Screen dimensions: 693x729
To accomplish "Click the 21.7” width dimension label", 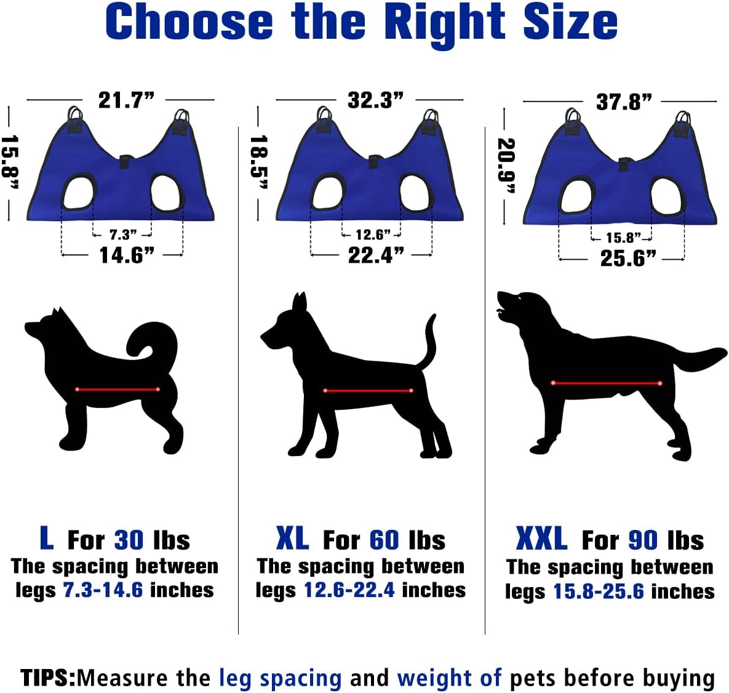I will (x=126, y=100).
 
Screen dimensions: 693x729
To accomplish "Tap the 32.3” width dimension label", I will (x=375, y=100).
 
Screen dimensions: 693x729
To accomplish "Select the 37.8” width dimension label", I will (x=623, y=102).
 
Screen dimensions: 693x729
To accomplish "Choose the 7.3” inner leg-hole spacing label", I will (x=123, y=234).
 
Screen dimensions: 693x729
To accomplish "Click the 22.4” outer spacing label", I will (x=376, y=254).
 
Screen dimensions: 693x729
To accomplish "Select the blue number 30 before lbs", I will (x=129, y=540).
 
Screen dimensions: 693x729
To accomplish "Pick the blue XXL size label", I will (x=541, y=539).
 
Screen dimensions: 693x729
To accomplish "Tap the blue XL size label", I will (x=292, y=539).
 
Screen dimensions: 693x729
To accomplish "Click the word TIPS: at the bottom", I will (x=48, y=678).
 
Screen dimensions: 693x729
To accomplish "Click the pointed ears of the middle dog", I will (x=300, y=303).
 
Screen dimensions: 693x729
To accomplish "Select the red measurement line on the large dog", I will (x=606, y=383).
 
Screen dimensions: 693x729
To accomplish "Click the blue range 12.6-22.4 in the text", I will (x=350, y=590).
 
